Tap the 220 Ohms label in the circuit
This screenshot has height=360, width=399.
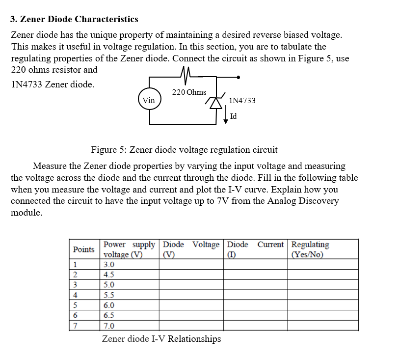pos(189,92)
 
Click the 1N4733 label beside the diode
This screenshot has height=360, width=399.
pos(242,101)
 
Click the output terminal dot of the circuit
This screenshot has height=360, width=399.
pos(239,77)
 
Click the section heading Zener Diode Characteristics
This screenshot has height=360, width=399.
pos(74,19)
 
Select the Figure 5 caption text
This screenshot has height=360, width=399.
pos(184,149)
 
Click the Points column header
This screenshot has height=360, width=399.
pos(83,249)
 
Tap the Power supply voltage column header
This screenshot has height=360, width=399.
pos(129,249)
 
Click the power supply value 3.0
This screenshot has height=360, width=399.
pos(109,265)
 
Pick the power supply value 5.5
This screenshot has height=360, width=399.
pos(109,295)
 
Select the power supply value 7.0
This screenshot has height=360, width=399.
pos(109,326)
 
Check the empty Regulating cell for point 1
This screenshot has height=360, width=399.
pos(322,265)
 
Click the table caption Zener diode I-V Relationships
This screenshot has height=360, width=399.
pos(161,339)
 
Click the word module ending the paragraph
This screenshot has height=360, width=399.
pos(27,213)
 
